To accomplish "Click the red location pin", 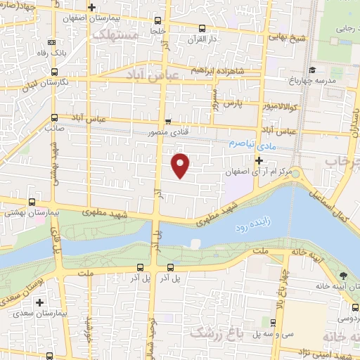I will [x=181, y=165].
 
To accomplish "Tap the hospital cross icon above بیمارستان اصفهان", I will [x=101, y=6].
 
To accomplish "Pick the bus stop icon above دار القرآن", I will [x=202, y=28].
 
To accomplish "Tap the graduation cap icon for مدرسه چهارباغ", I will [x=311, y=69].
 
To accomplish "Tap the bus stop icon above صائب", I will [x=55, y=117].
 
